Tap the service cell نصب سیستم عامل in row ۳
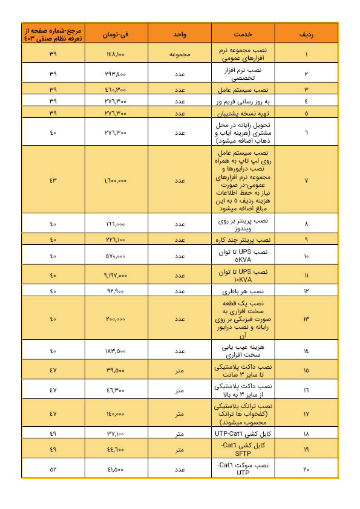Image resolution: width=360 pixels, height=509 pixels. point(243,89)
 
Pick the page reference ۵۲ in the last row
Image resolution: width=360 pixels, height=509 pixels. point(53,467)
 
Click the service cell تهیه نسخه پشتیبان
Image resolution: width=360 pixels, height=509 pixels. point(243,112)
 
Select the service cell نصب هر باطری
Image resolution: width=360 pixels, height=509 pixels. point(243,291)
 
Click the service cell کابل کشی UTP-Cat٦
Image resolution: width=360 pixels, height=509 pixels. point(243,433)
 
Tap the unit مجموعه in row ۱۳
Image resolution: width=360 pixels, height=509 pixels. point(180,319)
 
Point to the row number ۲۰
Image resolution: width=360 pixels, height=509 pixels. point(306,467)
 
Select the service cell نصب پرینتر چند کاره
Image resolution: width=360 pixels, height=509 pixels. point(243,239)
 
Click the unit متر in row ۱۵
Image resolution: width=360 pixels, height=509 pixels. point(180,370)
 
